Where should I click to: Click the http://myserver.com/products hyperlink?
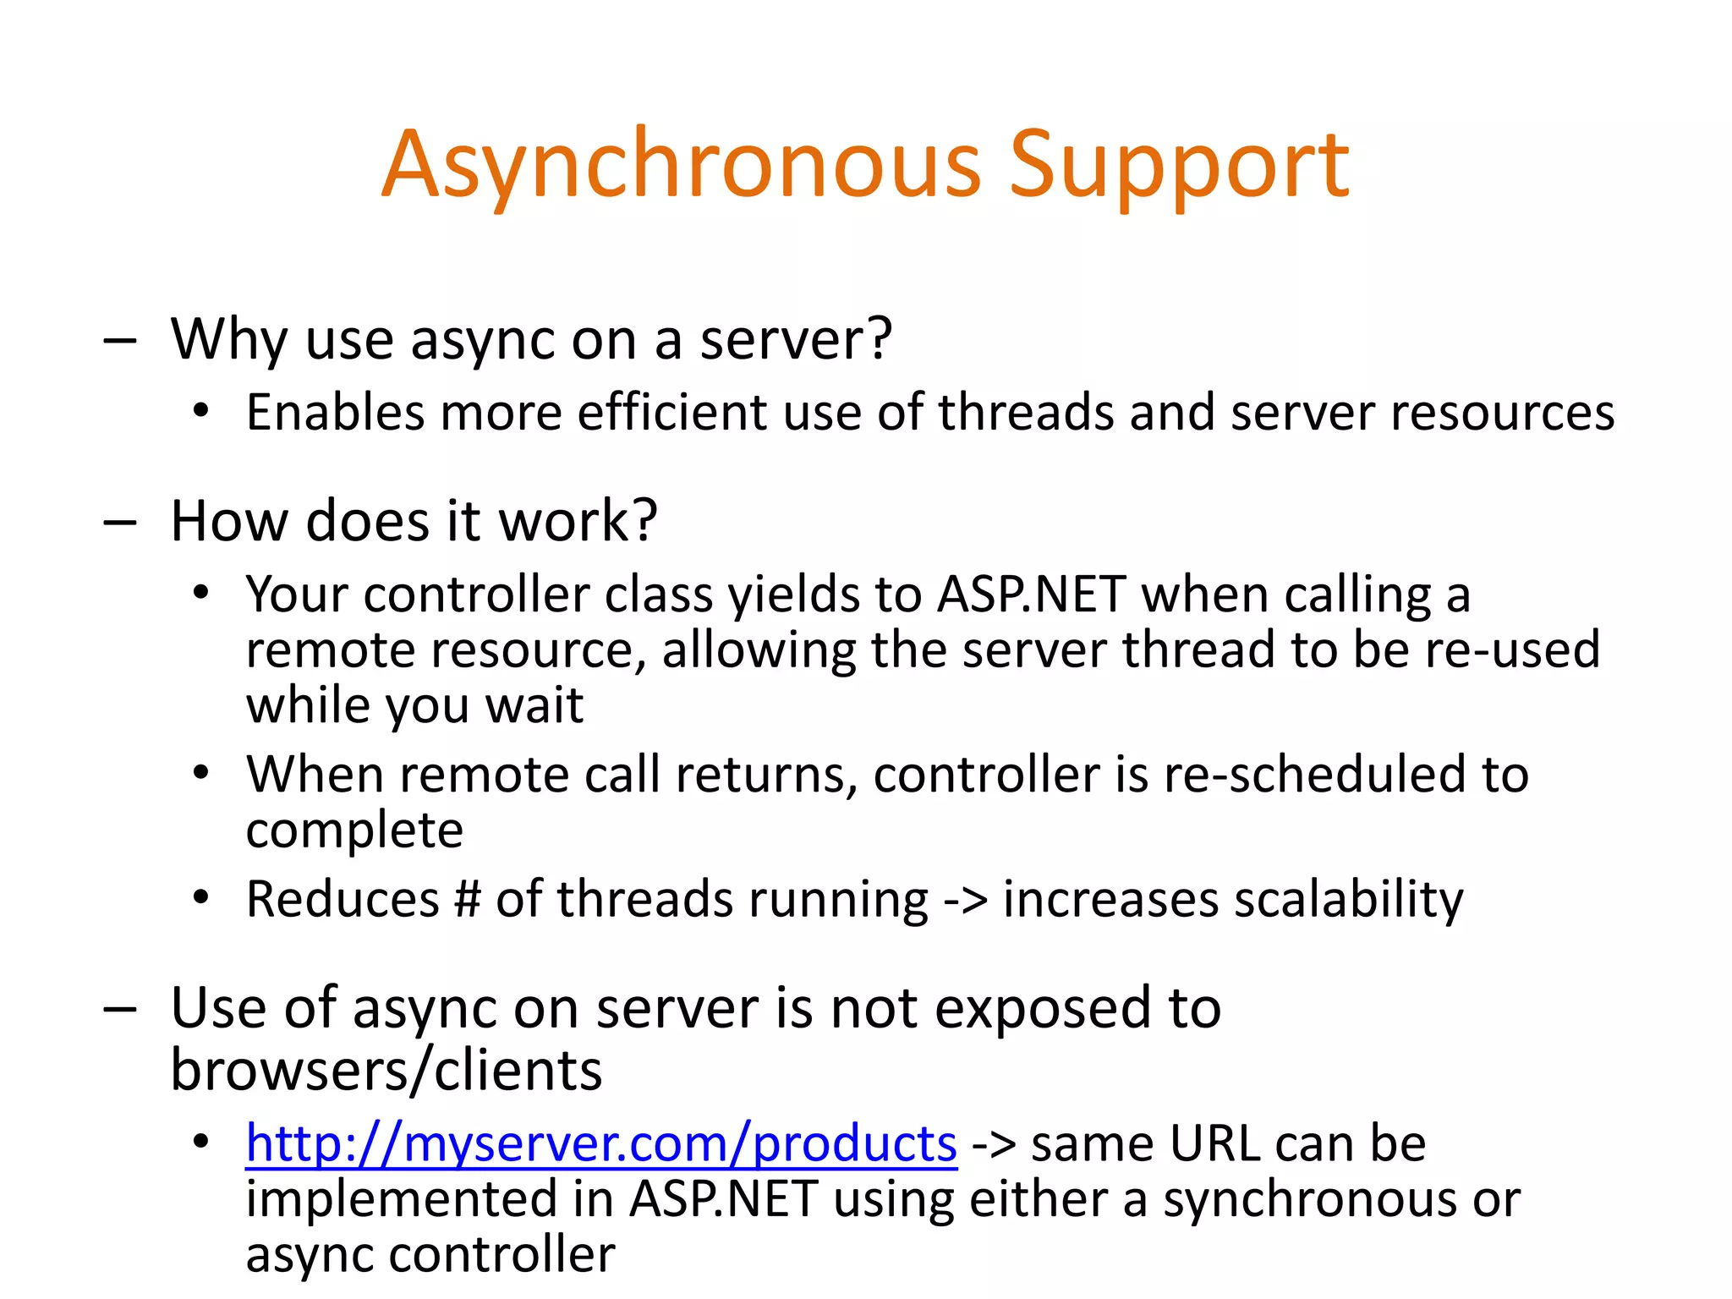tap(600, 1143)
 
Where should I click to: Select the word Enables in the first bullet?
tap(335, 413)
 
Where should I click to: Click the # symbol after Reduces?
tap(467, 898)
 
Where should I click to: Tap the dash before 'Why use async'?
tap(119, 342)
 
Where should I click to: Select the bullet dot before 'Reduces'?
tap(200, 897)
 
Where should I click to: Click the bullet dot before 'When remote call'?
tap(200, 773)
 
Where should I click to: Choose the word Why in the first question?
tap(229, 340)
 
